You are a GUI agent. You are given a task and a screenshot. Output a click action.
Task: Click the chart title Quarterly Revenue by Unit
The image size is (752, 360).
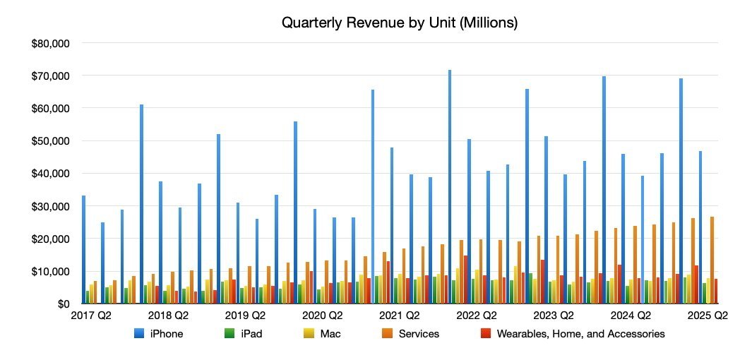point(400,23)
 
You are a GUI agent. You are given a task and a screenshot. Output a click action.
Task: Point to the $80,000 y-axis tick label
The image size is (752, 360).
point(50,43)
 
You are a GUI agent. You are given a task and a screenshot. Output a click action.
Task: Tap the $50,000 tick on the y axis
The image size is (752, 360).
point(50,141)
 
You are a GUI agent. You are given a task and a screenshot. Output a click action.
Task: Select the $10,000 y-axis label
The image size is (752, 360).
point(50,271)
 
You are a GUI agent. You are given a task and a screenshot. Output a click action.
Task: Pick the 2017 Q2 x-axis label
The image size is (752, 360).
point(90,316)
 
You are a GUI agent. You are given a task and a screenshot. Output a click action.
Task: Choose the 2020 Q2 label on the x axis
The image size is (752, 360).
point(321,316)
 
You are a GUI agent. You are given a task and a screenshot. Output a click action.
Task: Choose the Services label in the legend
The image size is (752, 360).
point(419,334)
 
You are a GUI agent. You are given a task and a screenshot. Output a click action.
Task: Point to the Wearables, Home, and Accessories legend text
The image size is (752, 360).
point(580,334)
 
